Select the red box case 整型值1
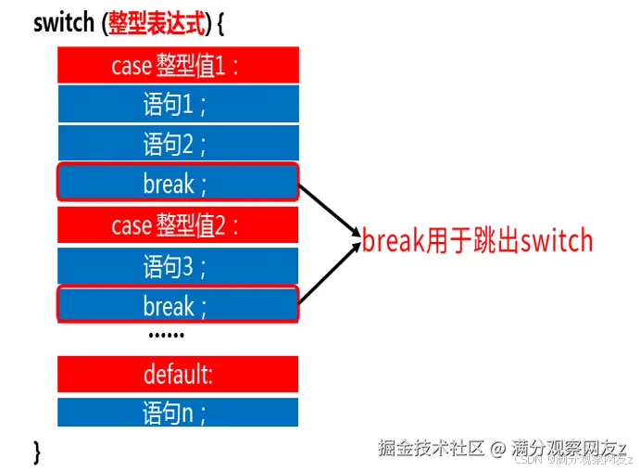[x=178, y=65]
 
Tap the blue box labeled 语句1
[x=178, y=104]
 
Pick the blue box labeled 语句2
[x=178, y=143]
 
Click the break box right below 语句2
[x=178, y=182]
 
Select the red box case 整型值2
[x=178, y=225]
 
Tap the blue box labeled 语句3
[x=178, y=265]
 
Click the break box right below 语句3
[x=178, y=304]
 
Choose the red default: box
[x=178, y=374]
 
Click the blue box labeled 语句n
[x=178, y=413]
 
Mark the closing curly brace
[x=38, y=452]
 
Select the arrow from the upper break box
[x=329, y=210]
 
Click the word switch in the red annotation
[x=556, y=242]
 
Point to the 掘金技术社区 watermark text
[x=432, y=448]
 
